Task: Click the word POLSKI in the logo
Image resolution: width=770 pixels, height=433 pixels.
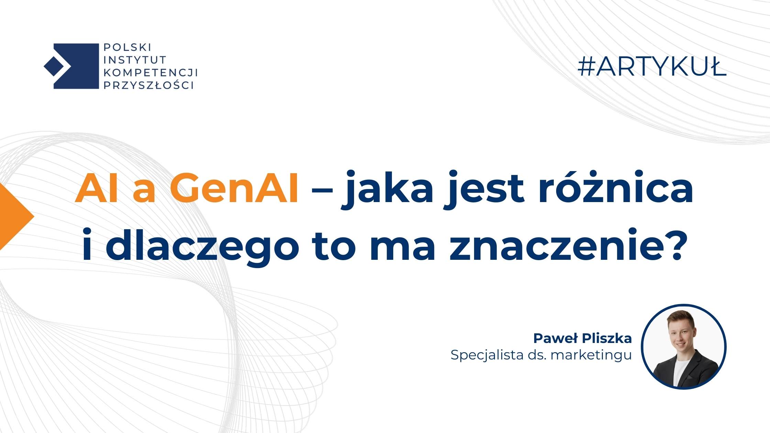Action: [127, 47]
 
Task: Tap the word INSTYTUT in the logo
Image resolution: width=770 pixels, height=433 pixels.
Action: [135, 60]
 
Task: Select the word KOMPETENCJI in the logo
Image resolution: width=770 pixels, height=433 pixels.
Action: [151, 73]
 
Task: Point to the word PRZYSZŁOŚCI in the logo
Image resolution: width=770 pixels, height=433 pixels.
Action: [148, 85]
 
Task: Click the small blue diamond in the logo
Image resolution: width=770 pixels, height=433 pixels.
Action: [54, 66]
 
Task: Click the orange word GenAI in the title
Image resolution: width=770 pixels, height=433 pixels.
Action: [234, 188]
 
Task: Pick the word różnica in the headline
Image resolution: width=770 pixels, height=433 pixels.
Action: [615, 188]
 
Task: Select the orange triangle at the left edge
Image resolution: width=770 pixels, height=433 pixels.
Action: [14, 216]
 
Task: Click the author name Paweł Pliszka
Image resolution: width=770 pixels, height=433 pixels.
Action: [582, 338]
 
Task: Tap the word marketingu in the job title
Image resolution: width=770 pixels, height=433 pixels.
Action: [591, 355]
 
